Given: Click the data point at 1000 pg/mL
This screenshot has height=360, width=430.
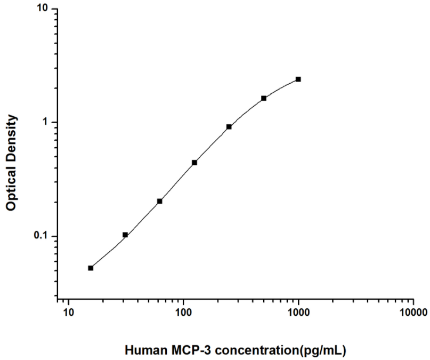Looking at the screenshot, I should (298, 79).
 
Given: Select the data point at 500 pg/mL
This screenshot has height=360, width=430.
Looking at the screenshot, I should (264, 98).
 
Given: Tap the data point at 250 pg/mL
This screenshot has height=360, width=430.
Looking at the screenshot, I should (229, 127).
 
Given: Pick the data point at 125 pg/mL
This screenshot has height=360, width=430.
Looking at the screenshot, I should (194, 163).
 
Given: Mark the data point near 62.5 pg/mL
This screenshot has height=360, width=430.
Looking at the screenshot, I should (160, 201).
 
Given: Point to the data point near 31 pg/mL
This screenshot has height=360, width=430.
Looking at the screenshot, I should (125, 235).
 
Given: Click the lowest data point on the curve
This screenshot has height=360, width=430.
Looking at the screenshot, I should (91, 268).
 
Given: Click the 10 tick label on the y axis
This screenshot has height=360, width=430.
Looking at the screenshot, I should (43, 9).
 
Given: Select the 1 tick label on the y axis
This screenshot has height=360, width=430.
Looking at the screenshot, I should (45, 122).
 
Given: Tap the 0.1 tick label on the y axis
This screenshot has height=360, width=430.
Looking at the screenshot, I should (40, 236).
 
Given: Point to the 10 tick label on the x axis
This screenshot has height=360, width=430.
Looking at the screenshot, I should (68, 313).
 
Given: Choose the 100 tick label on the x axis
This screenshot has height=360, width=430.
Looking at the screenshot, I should (183, 313).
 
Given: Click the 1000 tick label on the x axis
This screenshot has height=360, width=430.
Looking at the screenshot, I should (298, 313).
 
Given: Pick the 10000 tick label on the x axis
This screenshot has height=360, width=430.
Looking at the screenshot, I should (413, 313).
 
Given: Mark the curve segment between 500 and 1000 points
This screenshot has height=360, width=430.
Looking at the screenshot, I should (281, 87).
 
